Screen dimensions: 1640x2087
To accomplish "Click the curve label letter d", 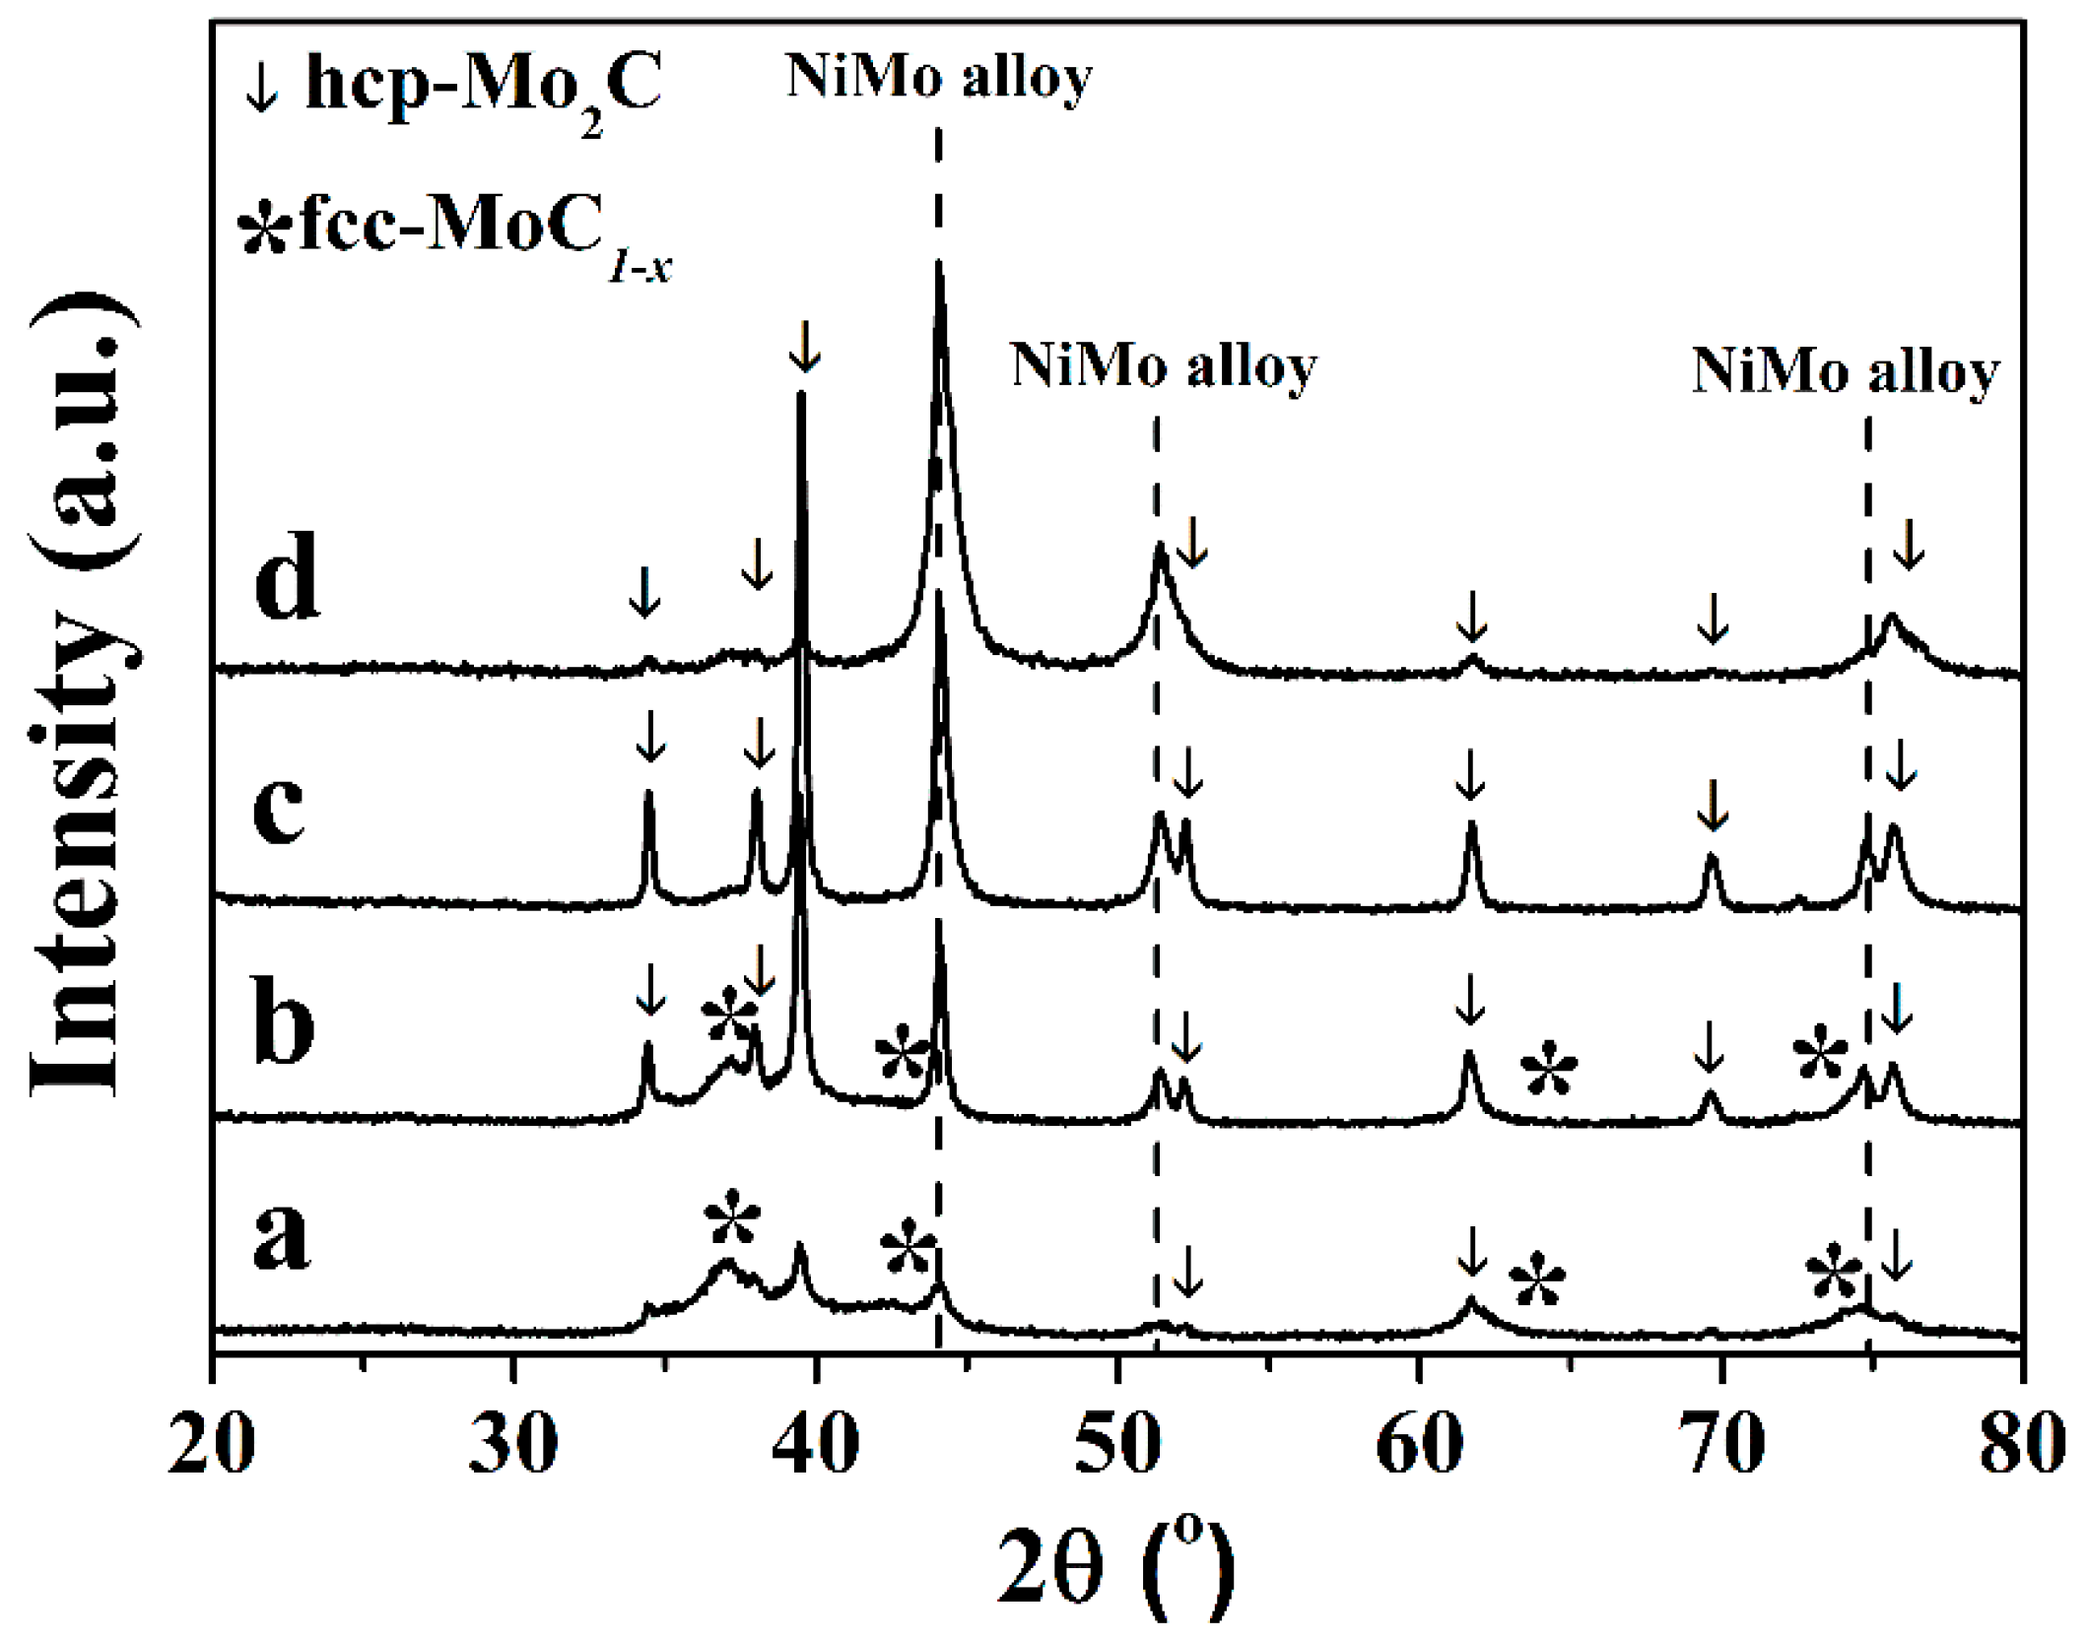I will pos(286,576).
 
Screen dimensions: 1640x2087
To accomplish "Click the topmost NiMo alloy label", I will pos(939,77).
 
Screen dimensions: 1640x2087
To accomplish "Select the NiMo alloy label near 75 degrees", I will pos(1846,371).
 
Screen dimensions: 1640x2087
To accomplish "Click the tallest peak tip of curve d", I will pos(939,263).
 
